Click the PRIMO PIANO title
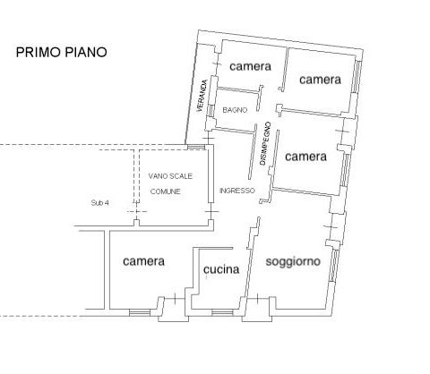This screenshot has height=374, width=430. click(61, 52)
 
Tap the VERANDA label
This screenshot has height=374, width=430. click(202, 96)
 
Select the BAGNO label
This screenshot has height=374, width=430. click(235, 110)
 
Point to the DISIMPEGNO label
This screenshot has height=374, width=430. click(265, 143)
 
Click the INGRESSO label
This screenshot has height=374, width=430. click(237, 191)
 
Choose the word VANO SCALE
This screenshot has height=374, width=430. click(170, 176)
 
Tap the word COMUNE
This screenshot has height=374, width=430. click(166, 191)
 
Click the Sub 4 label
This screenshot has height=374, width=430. click(99, 203)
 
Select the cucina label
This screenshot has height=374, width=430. click(221, 269)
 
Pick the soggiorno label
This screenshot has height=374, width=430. click(293, 261)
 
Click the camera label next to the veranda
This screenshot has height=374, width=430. click(250, 66)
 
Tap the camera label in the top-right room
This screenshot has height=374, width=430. click(320, 80)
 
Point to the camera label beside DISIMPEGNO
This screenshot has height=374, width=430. click(305, 157)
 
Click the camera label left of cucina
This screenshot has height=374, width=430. click(143, 261)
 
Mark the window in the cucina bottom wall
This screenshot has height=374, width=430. click(222, 312)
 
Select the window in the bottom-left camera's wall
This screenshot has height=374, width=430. click(140, 312)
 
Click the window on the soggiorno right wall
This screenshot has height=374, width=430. click(334, 265)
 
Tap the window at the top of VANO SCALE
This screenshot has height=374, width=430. click(195, 147)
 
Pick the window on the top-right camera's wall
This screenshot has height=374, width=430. click(356, 77)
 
